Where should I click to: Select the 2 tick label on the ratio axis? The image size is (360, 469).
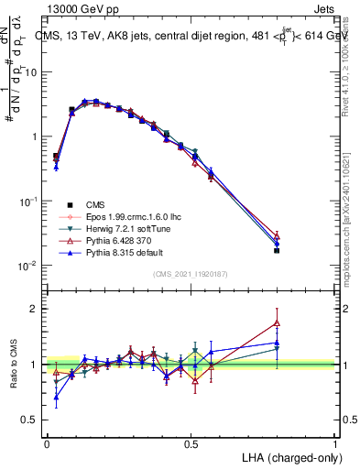pyautogui.click(x=34, y=309)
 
